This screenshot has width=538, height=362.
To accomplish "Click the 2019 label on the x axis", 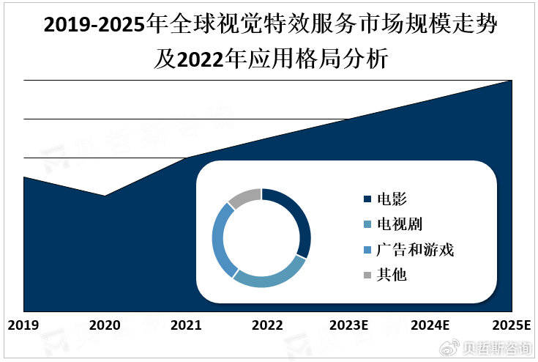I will (x=23, y=324).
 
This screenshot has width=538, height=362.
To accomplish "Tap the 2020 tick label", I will (x=105, y=324).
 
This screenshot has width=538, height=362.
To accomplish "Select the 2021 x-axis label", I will (x=187, y=324).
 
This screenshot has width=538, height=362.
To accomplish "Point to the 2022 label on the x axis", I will (x=268, y=324).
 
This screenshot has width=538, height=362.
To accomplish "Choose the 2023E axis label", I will (x=349, y=324).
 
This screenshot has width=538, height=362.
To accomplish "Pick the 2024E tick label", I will (x=431, y=324).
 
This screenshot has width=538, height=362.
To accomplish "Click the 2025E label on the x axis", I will (x=512, y=324).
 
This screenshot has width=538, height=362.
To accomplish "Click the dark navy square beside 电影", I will (x=367, y=199).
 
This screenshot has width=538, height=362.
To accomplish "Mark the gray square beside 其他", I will (x=367, y=276).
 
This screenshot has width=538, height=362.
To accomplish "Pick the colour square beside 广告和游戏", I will (x=367, y=251).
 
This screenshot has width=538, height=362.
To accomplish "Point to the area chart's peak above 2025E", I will (x=511, y=81).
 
